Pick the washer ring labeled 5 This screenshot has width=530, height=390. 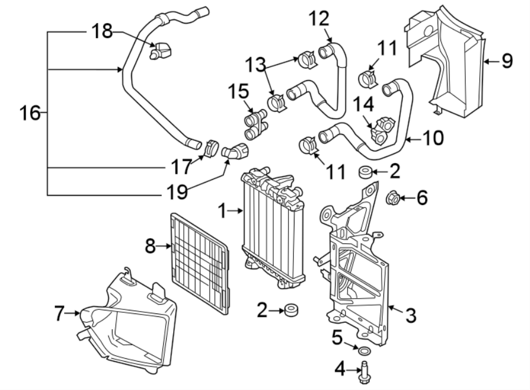point(364,352)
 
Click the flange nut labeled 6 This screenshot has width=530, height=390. point(393,199)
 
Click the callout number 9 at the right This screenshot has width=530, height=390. point(506,61)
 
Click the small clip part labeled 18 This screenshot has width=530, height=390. point(162,52)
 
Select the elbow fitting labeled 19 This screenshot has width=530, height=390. point(237,152)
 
